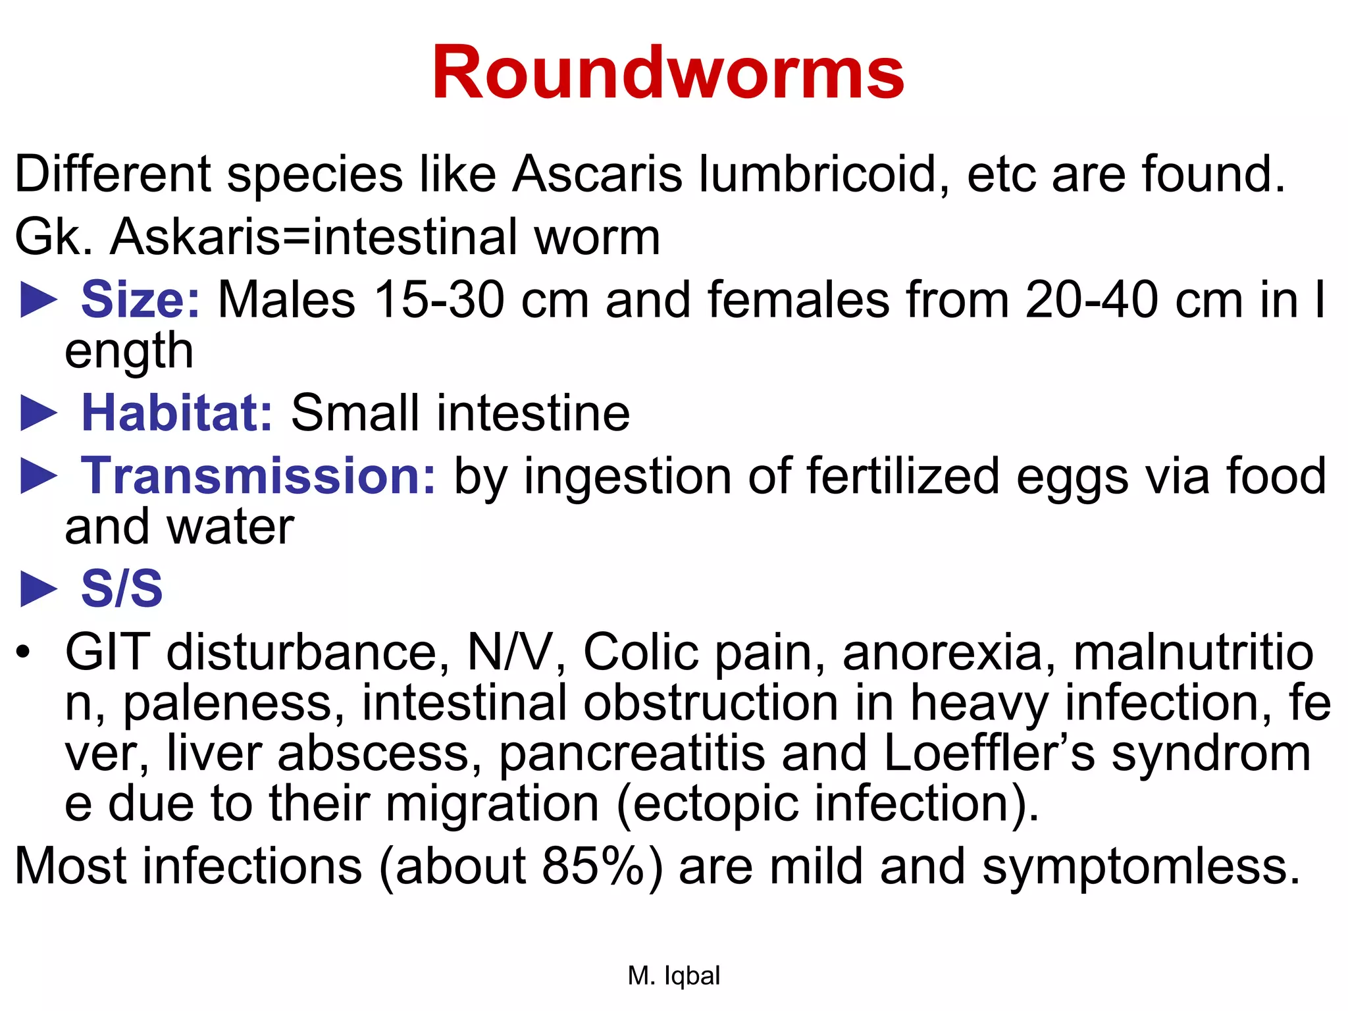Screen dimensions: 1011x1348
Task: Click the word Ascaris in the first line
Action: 597,174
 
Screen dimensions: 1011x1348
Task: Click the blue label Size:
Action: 140,300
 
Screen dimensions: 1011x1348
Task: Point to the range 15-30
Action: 439,300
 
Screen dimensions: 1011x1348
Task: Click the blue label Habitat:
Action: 176,413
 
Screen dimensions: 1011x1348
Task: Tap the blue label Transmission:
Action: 258,476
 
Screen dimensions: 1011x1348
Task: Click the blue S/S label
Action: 122,588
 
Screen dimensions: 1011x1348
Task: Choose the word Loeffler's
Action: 989,753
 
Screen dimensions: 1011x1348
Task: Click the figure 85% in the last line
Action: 593,866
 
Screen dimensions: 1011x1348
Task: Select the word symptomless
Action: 1141,867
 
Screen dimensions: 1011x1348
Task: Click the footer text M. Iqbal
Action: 674,975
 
